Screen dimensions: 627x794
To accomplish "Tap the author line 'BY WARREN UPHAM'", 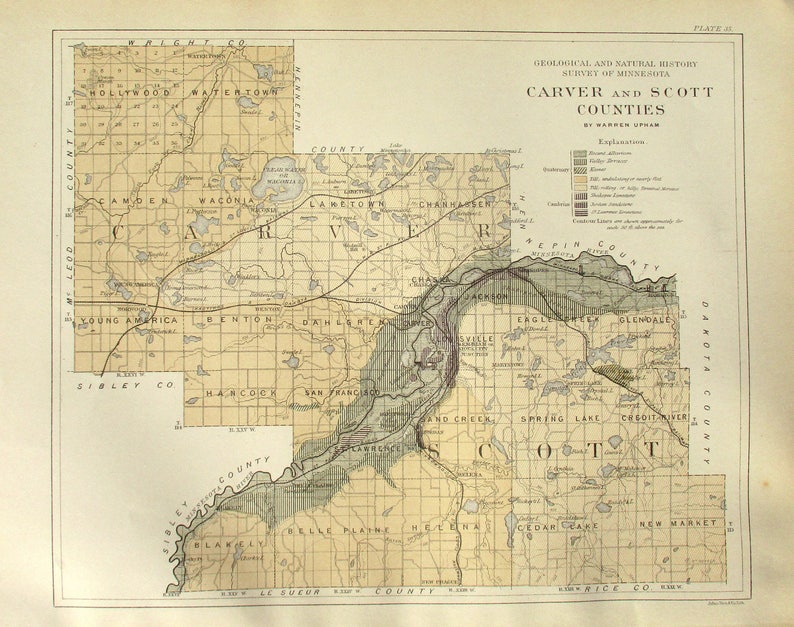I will tap(620, 125).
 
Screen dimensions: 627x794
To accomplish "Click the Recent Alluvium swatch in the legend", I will tap(579, 155).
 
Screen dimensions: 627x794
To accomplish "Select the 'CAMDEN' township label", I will tap(124, 201).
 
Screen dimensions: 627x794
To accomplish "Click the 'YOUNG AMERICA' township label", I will tap(129, 320).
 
